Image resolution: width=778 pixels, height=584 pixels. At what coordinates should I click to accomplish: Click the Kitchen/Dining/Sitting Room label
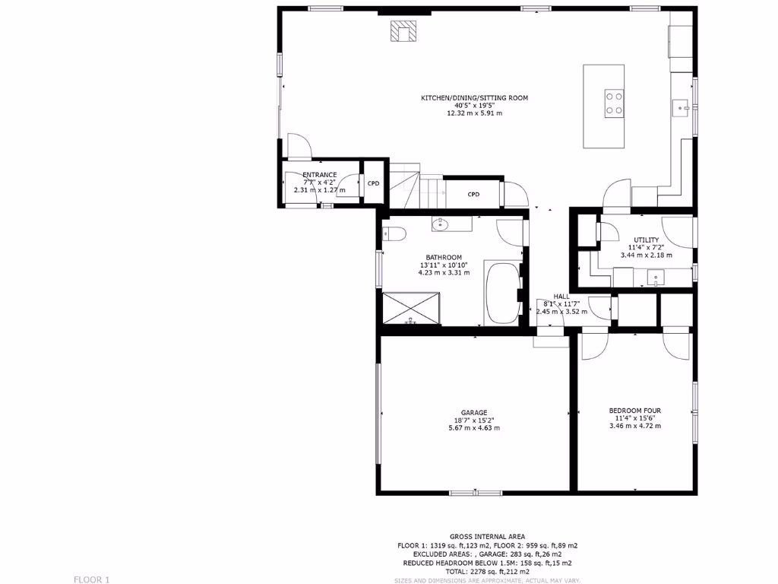474,98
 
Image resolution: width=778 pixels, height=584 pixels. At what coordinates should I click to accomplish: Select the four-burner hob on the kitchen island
614,103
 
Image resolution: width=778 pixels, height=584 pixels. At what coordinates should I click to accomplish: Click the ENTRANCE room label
319,175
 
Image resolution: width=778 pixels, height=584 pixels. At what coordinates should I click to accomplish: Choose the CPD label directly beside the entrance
373,183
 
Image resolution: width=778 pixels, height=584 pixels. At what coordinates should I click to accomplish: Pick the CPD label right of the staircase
473,194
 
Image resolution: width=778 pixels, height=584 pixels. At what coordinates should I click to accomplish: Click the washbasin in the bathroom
441,224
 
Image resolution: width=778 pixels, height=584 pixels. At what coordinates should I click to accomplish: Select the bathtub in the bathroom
501,293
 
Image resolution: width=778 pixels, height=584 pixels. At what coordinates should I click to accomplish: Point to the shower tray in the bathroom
411,307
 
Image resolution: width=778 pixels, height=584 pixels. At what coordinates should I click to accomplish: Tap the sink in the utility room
655,277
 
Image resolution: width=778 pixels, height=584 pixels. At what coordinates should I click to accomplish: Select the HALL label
561,297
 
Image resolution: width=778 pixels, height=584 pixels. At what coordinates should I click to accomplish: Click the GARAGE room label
474,413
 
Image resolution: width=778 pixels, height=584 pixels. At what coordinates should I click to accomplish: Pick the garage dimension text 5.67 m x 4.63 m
474,428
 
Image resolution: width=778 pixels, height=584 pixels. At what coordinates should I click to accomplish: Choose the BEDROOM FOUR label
635,411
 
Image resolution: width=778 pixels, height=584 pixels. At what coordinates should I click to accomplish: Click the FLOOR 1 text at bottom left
92,579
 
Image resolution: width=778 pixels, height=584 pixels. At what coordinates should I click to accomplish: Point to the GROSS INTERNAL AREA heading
487,537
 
